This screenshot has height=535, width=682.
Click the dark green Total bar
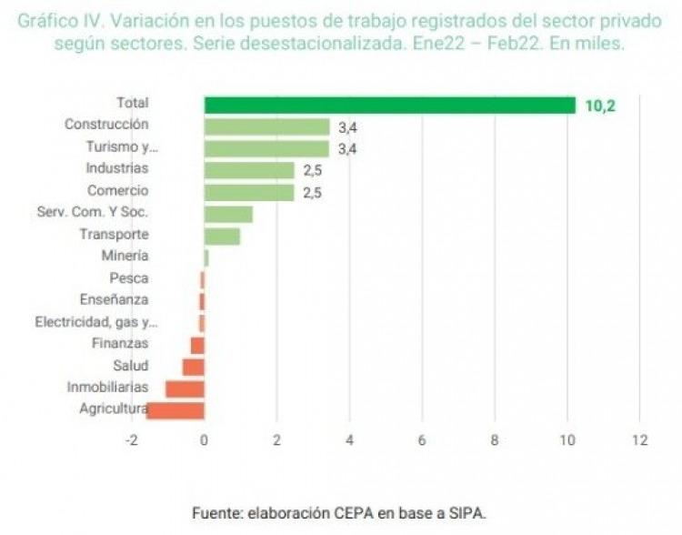pos(389,106)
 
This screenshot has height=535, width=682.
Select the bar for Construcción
pos(266,127)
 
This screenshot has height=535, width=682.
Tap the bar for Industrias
pos(249,170)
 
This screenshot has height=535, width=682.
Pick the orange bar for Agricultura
pos(176,409)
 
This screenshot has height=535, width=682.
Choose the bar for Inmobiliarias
pos(185,389)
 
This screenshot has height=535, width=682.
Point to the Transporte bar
pos(222,236)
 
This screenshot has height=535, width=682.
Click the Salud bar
pos(193,367)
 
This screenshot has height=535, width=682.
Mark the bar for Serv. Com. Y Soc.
pos(228,214)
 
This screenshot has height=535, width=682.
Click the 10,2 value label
pos(600,106)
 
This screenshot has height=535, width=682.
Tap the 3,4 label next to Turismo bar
pos(346,148)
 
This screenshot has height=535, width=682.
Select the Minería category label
pos(126,257)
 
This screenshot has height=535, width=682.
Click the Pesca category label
pos(128,278)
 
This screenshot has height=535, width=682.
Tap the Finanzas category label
pos(120,344)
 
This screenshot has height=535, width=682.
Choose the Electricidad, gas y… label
pos(96,322)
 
